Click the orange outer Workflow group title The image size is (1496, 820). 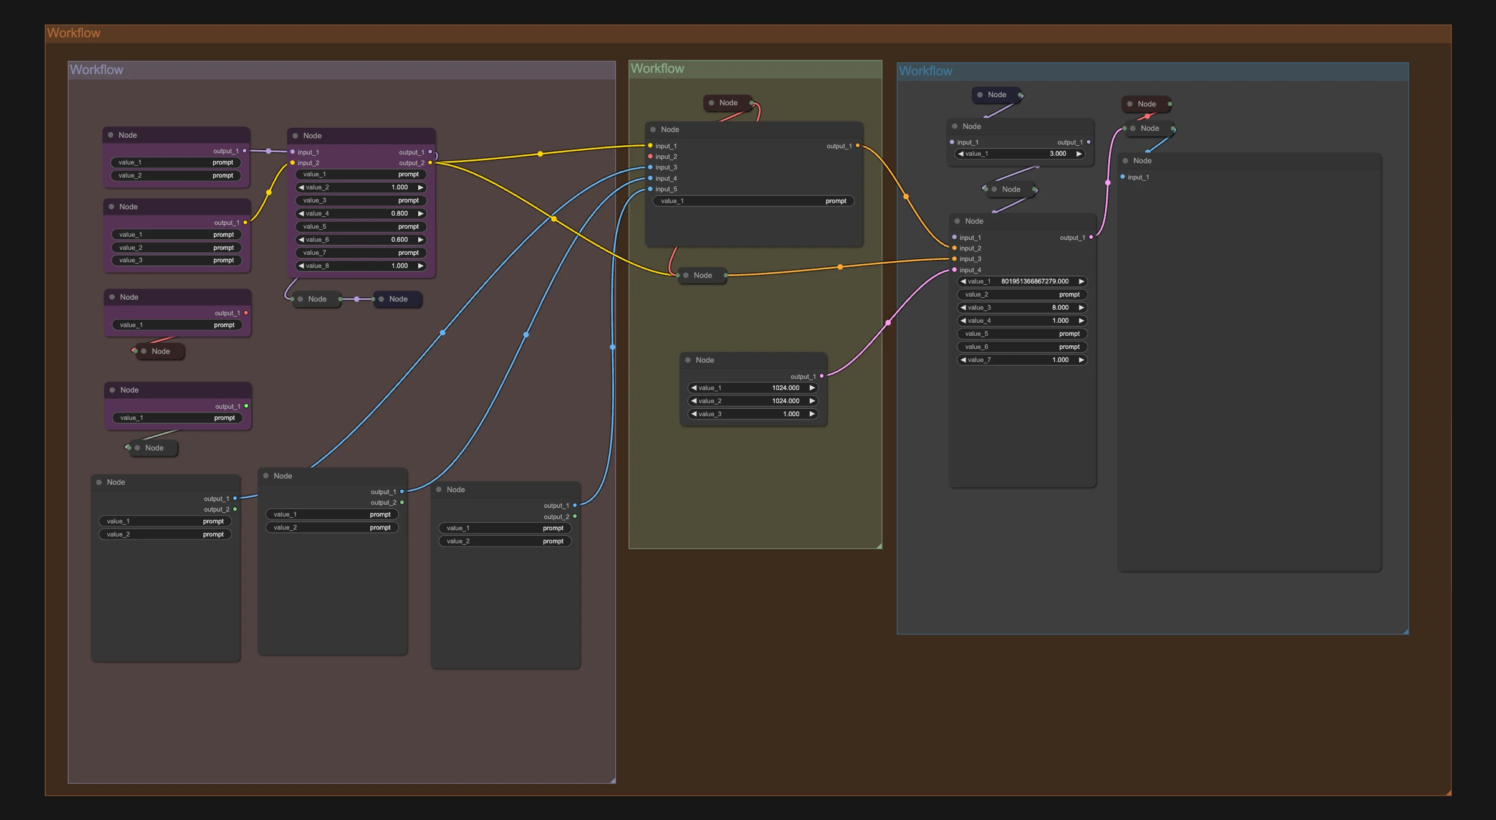click(x=74, y=33)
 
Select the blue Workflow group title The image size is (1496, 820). click(x=926, y=71)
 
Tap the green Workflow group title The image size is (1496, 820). click(x=657, y=69)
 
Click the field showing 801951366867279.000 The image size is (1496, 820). click(x=1022, y=282)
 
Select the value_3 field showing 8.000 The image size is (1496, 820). click(x=1022, y=308)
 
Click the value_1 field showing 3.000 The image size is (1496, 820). click(x=1020, y=154)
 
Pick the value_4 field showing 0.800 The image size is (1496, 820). click(x=361, y=214)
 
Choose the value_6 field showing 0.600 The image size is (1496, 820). click(x=361, y=240)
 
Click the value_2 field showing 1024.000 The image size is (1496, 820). click(x=753, y=401)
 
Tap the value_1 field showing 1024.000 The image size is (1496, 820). click(x=753, y=388)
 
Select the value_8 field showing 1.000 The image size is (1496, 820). click(x=361, y=266)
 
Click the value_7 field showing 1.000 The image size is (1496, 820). click(x=1022, y=360)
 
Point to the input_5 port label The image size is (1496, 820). click(x=666, y=189)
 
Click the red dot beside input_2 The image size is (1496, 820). click(x=650, y=156)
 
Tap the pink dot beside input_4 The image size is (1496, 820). click(x=954, y=270)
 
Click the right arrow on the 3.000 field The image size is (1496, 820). click(x=1078, y=154)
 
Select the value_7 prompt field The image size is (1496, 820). click(x=361, y=253)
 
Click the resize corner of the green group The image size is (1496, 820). click(x=879, y=546)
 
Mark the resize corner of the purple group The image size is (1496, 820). click(x=613, y=780)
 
